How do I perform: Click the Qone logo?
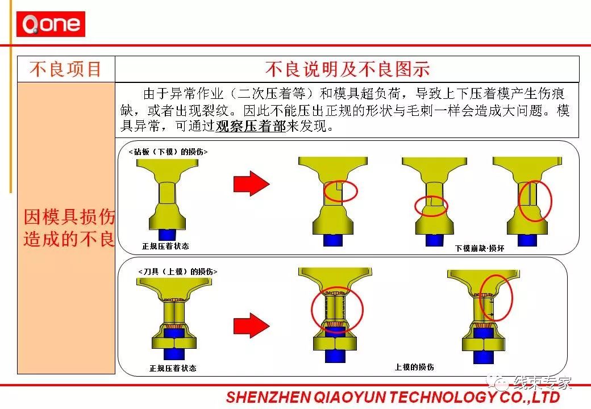coord(51,24)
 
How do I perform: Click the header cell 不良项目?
coord(66,69)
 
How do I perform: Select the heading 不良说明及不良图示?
coord(347,69)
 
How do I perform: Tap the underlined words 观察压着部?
coord(251,126)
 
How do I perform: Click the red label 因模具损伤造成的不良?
coord(69,227)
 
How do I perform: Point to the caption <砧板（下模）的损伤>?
coord(168,152)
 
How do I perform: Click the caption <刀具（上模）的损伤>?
coord(178,272)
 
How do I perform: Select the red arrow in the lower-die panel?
coord(251,183)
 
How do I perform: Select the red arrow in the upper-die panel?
coord(251,325)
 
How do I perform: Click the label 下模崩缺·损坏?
coord(480,248)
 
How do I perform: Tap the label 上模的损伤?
coord(414,367)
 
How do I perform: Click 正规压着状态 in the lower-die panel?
coord(165,246)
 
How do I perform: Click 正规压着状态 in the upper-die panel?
coord(173,368)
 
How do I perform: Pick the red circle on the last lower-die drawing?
coord(519,201)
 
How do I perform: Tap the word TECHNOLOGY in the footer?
coord(443,397)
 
